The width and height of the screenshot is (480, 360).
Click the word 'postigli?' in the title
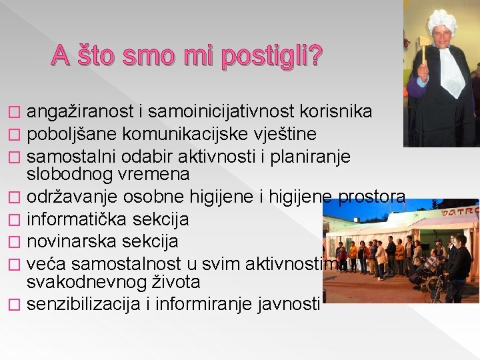coord(271,58)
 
